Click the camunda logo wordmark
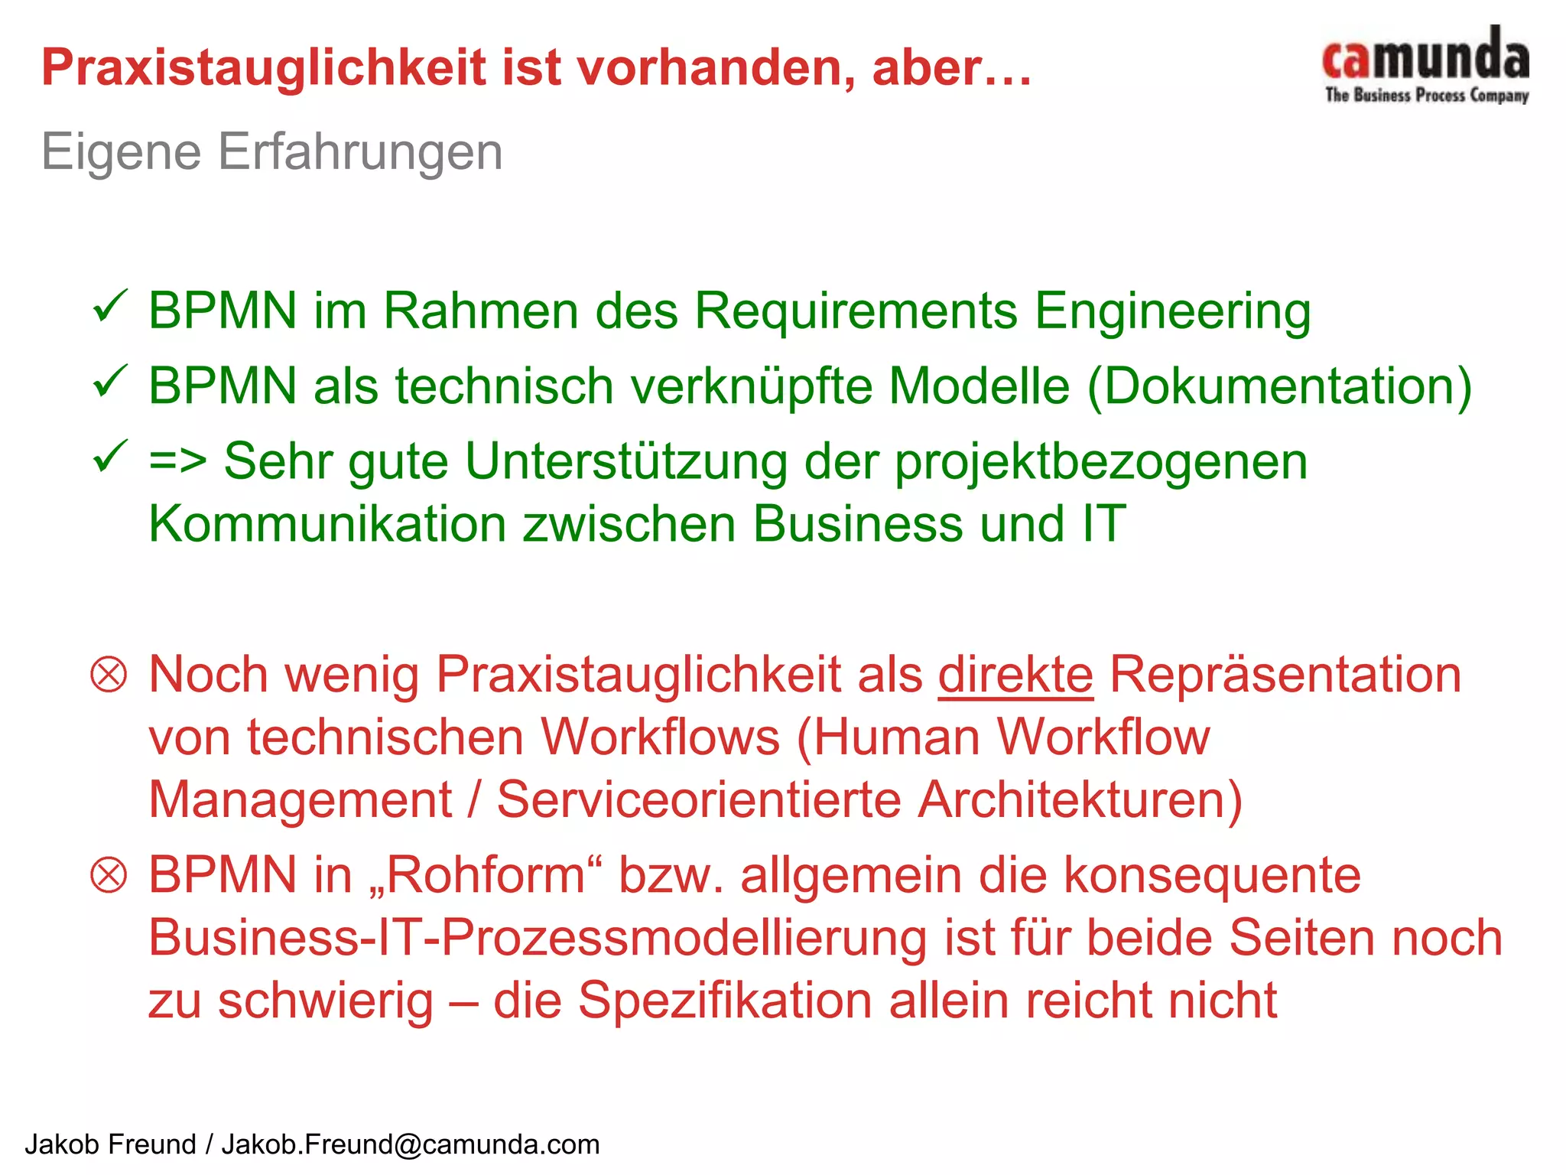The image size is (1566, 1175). tap(1426, 55)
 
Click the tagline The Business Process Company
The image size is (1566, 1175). tap(1427, 96)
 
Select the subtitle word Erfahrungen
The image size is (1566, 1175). tap(360, 152)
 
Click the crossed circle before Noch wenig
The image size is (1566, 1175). tap(109, 675)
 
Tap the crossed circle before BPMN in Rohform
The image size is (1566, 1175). tap(109, 875)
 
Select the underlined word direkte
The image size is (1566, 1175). tap(1015, 675)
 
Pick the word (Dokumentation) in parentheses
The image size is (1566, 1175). tap(1279, 386)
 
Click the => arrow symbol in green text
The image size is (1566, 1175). tap(177, 462)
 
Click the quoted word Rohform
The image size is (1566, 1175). tap(485, 875)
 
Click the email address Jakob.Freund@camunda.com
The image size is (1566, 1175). tap(411, 1144)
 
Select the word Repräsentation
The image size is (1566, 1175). tap(1285, 675)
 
